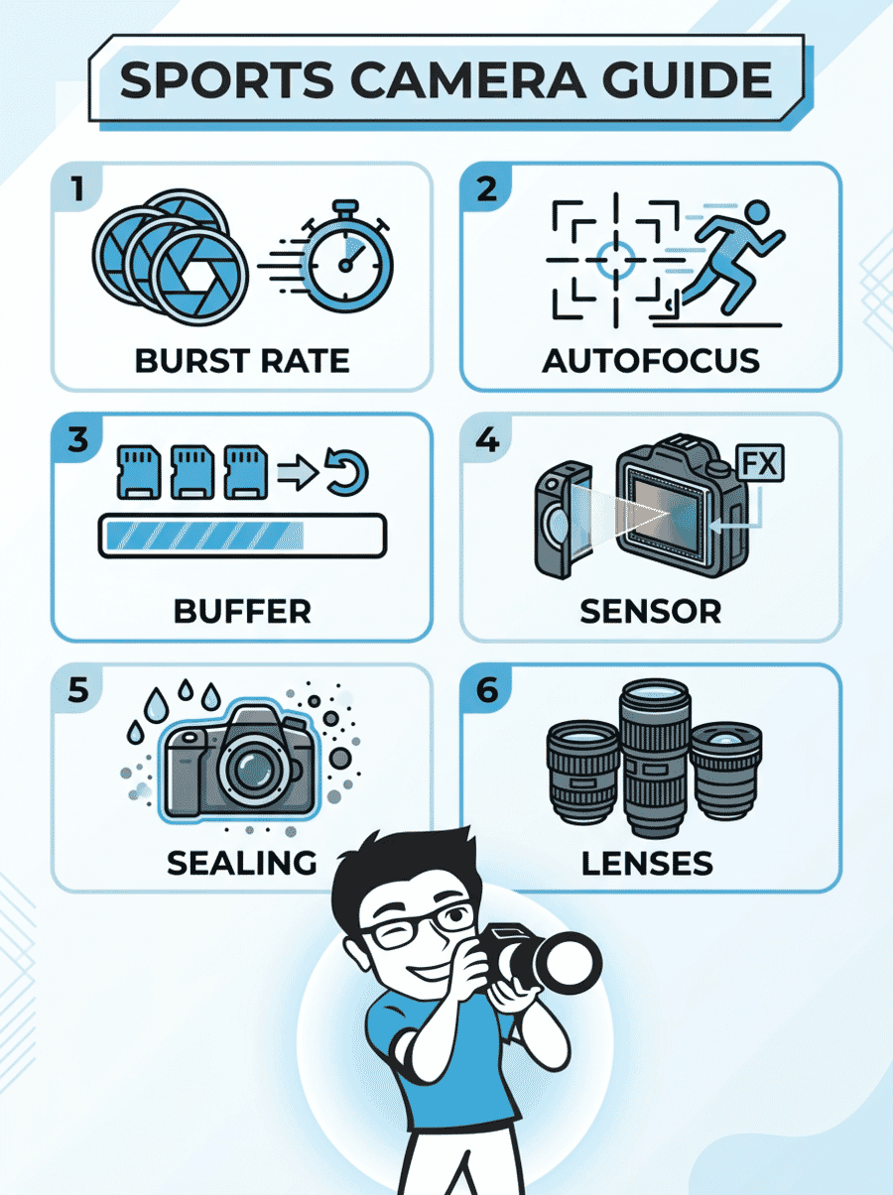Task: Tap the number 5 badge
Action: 77,689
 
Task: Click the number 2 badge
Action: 486,188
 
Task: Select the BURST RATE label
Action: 242,360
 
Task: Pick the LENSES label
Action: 647,862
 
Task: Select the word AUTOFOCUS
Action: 650,360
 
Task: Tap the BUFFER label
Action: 242,611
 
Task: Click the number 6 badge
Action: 486,689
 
